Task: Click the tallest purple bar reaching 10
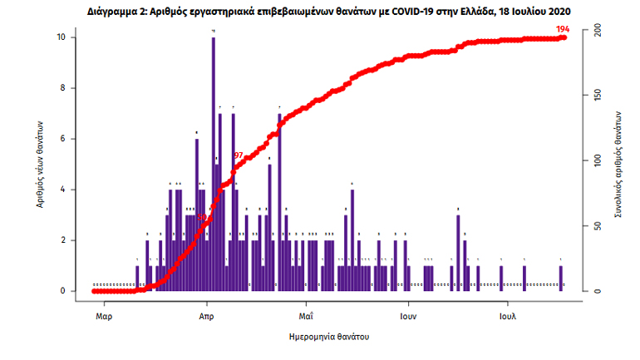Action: (x=214, y=166)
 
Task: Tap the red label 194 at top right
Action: (x=562, y=29)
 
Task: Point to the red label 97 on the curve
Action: (x=239, y=155)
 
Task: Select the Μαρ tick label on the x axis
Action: (x=104, y=317)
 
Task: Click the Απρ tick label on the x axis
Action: (x=208, y=317)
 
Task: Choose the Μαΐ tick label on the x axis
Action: (x=305, y=317)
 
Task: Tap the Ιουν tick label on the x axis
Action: (x=406, y=317)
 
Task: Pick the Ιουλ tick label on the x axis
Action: (x=508, y=317)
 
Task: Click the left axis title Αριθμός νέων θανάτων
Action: (x=38, y=163)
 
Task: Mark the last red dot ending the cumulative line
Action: (x=564, y=37)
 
